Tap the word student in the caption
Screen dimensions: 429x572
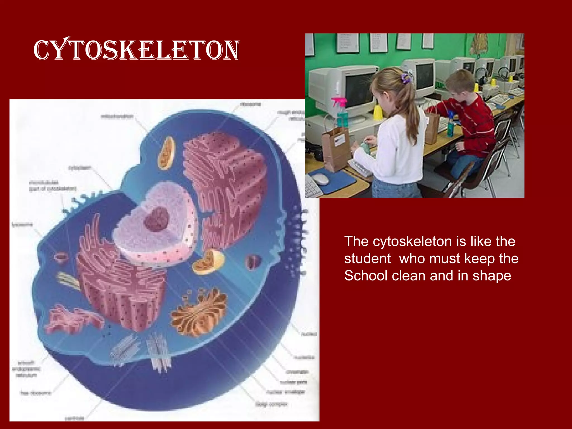[367, 258]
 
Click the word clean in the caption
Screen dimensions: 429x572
[409, 276]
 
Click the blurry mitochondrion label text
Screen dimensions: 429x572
[117, 116]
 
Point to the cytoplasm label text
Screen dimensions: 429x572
[80, 168]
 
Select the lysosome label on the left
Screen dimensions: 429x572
[22, 225]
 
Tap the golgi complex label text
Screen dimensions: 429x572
[271, 404]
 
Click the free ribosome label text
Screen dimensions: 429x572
[36, 393]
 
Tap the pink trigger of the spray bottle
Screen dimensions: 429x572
[339, 102]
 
